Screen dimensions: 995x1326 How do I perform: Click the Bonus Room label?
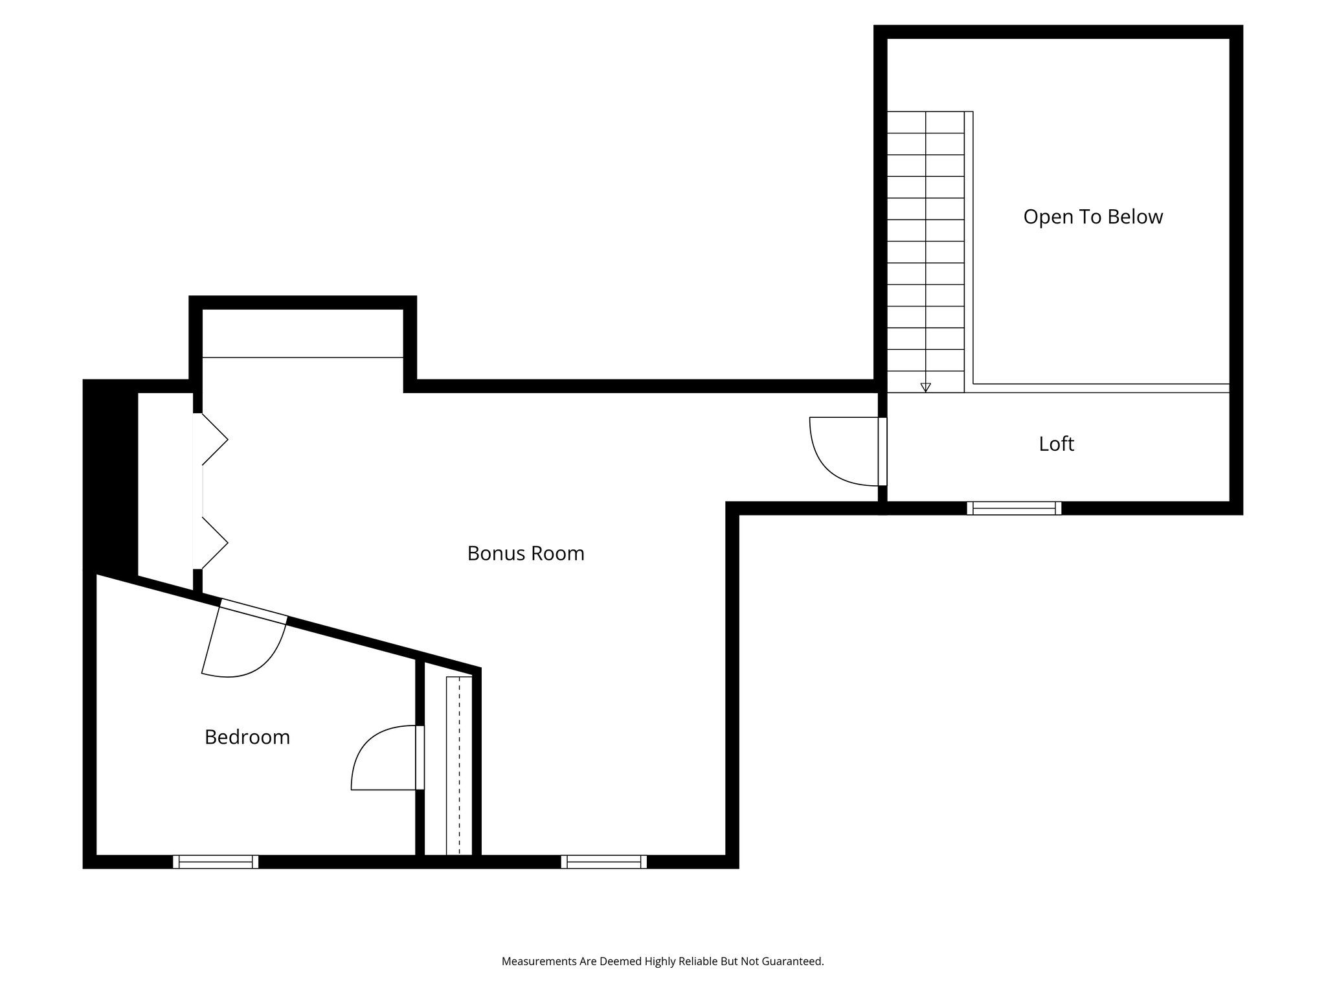[526, 553]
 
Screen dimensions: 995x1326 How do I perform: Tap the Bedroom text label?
[247, 737]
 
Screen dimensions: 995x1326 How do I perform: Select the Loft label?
[1056, 444]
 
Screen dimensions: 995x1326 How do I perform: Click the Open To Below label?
[1093, 216]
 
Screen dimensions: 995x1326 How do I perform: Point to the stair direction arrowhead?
[925, 387]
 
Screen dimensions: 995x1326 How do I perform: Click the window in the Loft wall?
[1014, 508]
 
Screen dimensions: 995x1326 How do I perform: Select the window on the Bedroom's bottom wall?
[216, 862]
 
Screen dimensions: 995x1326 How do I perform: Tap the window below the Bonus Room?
[603, 862]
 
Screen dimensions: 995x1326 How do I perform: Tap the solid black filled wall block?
[110, 479]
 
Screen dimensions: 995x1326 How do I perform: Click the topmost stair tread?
[925, 122]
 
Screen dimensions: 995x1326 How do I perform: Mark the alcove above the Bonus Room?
[302, 333]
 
